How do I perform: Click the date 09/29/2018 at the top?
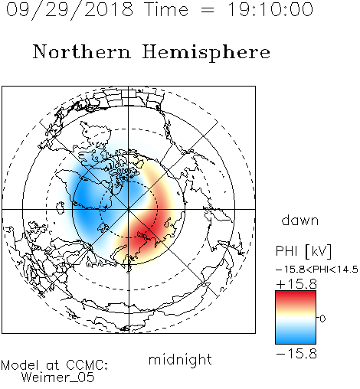point(70,10)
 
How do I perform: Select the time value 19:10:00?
point(270,9)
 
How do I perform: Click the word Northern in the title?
point(82,51)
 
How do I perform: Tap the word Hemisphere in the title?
point(206,52)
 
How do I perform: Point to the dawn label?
point(300,221)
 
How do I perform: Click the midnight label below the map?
point(180,359)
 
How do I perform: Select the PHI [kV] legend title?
point(303,251)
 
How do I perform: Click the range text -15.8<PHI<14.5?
point(317,270)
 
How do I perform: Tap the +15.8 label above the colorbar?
point(296,284)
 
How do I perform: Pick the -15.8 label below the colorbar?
point(296,354)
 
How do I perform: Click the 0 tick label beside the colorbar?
point(322,319)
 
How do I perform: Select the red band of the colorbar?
point(296,297)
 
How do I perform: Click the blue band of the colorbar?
point(296,337)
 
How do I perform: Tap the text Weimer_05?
point(58,378)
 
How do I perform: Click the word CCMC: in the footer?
point(87,365)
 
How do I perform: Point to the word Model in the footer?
point(20,365)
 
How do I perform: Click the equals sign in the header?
point(208,10)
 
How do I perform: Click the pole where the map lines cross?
point(129,209)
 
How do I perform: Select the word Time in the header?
point(166,9)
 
